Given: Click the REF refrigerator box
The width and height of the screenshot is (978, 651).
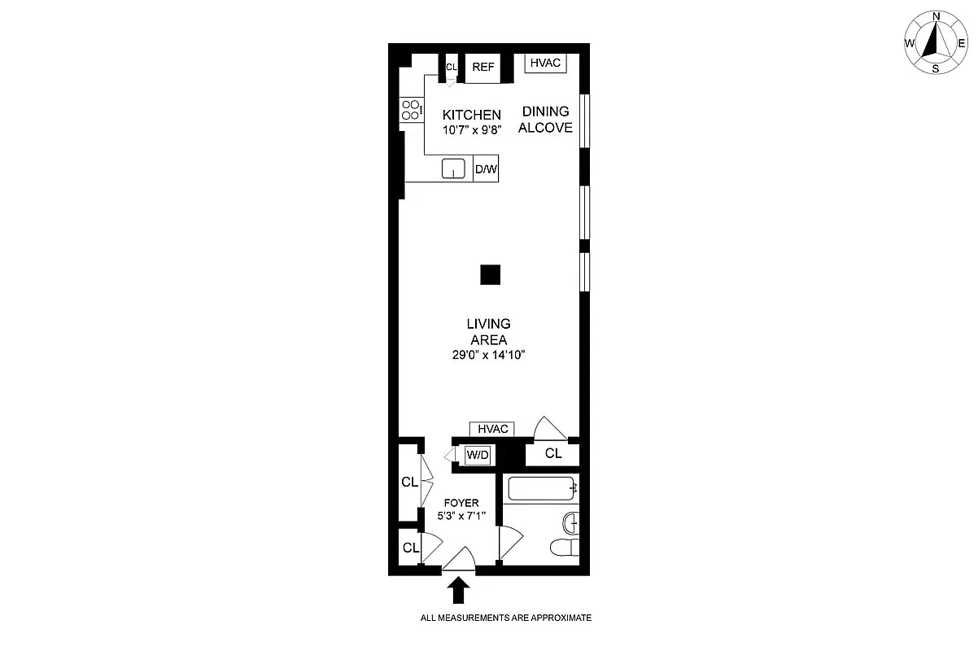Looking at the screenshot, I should tap(482, 67).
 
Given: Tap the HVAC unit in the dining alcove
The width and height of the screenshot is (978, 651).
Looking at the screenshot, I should tap(545, 63).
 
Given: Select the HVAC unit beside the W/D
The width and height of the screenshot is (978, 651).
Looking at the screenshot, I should tap(492, 429).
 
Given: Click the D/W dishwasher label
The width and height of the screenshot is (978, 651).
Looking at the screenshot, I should tap(486, 169).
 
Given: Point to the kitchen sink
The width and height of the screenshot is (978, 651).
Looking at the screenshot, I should tap(453, 168).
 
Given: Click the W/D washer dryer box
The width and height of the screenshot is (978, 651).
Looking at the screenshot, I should tap(478, 455).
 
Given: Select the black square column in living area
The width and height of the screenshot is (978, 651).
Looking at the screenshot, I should tap(490, 275).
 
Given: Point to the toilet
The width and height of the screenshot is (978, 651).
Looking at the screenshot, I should tap(564, 547).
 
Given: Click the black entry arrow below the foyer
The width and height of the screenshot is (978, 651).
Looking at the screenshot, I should tap(459, 589).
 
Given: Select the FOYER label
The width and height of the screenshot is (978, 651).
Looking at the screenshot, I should tap(461, 503).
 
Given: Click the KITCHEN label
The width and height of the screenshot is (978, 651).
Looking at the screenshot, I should tap(471, 115).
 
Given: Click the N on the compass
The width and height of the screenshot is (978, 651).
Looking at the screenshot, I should tap(936, 16).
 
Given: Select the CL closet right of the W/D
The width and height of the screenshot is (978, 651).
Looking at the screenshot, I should tap(553, 454).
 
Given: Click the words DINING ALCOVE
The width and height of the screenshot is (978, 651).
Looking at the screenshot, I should tap(546, 120).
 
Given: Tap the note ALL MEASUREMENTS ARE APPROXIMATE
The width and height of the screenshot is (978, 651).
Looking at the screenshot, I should tap(505, 618).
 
